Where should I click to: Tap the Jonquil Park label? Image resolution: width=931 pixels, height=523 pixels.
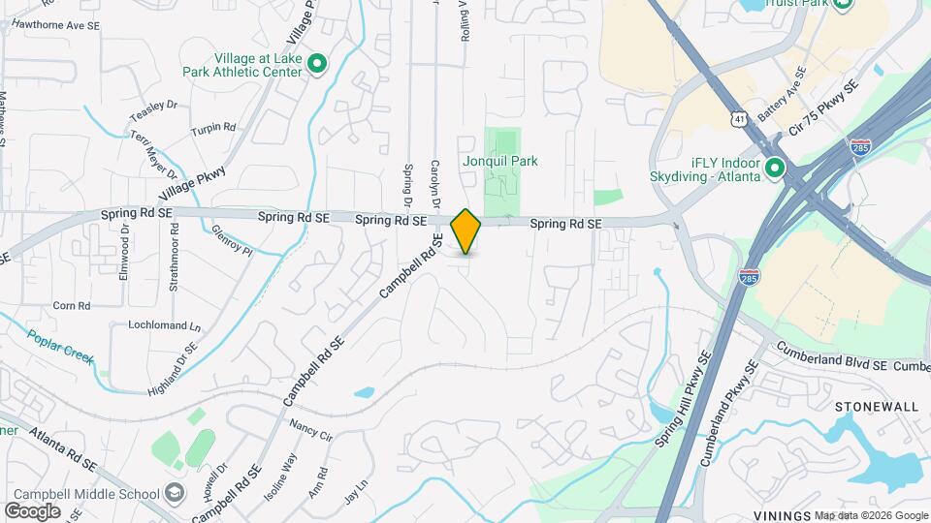click(x=499, y=161)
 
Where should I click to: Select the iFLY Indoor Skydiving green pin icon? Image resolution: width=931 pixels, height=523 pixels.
click(x=774, y=169)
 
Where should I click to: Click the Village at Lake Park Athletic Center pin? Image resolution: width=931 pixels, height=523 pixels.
click(x=316, y=65)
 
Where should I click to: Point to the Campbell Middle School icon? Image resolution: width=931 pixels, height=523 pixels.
click(x=174, y=494)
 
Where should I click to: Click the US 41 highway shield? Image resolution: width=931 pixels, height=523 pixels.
click(x=739, y=118)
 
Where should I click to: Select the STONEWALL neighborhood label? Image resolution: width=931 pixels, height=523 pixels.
click(x=876, y=407)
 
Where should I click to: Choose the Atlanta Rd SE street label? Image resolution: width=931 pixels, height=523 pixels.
click(x=63, y=446)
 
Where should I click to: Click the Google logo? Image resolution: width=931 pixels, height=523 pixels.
click(x=32, y=510)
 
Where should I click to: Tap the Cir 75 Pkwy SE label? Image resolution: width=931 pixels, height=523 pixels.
click(x=824, y=108)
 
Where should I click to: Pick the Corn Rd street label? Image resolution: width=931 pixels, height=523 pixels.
click(x=72, y=306)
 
